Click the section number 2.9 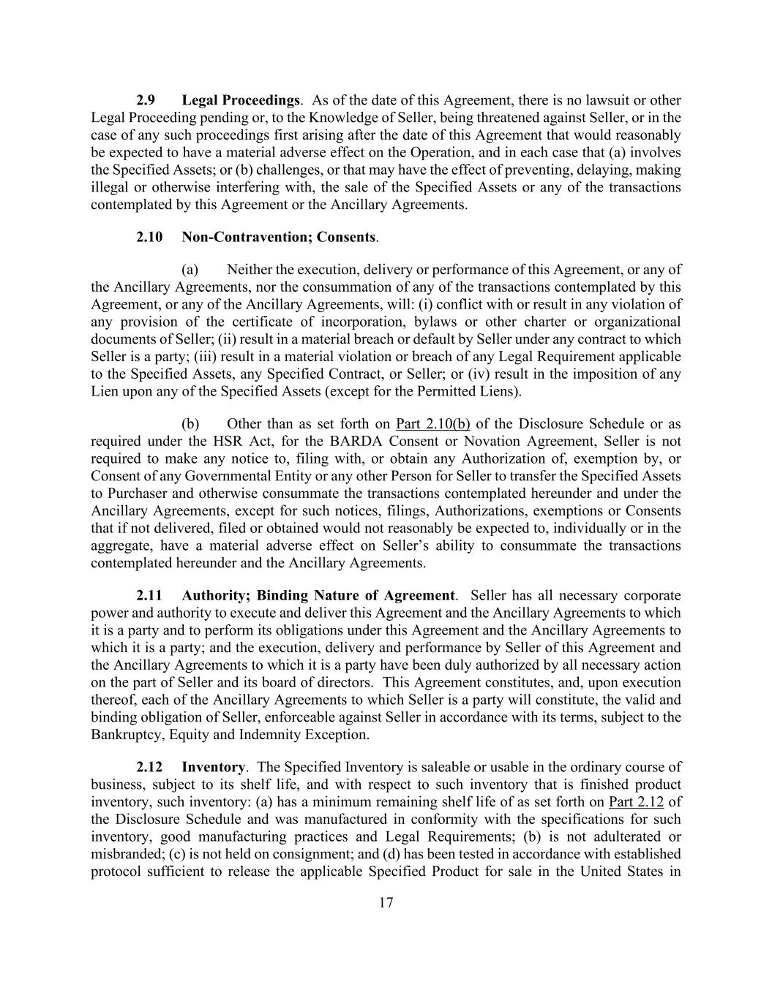tap(146, 100)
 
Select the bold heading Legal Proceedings tap(241, 100)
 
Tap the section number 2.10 tap(149, 237)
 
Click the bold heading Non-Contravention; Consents tap(279, 237)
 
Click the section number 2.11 tap(149, 595)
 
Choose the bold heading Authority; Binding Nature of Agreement tap(318, 595)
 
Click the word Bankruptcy tap(123, 735)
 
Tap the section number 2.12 tap(149, 767)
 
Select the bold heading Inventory tap(213, 767)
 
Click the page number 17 tap(386, 903)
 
